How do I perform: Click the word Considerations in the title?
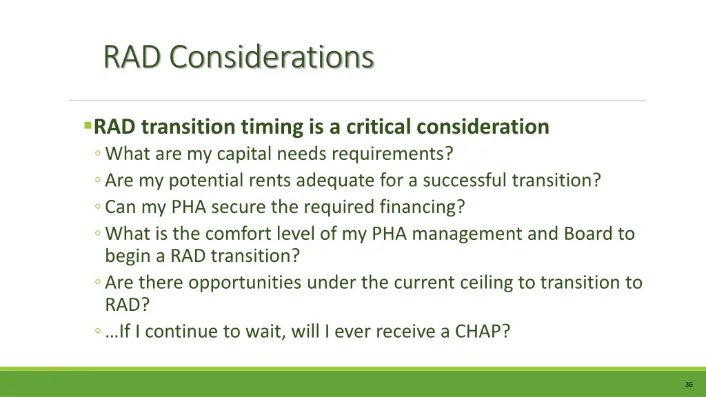[x=272, y=57]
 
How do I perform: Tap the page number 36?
[x=689, y=384]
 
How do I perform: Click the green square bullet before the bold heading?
[x=88, y=126]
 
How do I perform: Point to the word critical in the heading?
[x=378, y=127]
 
